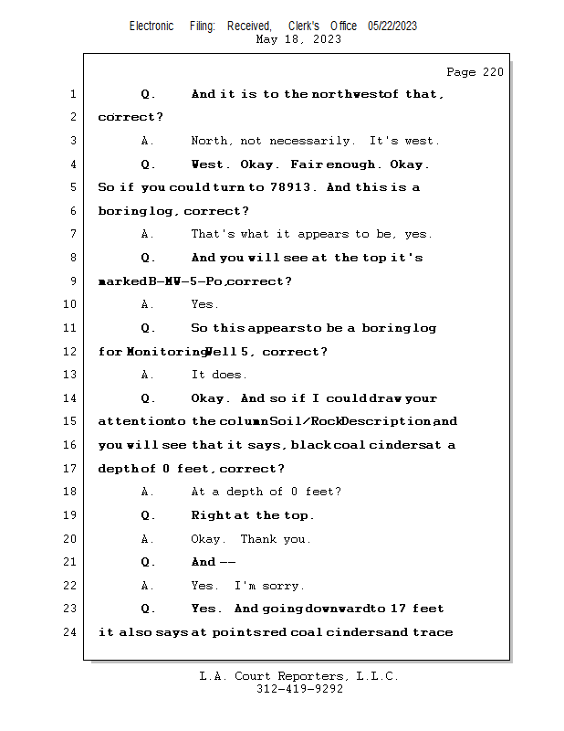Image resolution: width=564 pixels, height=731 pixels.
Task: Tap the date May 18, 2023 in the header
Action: click(x=298, y=39)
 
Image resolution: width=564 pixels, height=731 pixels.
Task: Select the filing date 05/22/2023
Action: click(x=392, y=26)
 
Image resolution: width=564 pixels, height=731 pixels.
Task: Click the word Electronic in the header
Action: click(x=151, y=26)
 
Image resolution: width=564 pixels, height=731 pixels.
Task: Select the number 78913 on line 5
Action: click(x=291, y=188)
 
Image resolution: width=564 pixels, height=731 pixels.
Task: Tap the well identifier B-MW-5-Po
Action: click(x=186, y=281)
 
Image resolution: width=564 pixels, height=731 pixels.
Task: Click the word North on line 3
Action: click(x=211, y=141)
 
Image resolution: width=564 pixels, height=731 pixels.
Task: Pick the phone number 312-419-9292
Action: click(x=299, y=689)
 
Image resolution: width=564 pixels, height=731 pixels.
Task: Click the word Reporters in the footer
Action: click(x=301, y=676)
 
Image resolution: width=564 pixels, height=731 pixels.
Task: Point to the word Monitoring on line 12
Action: click(x=165, y=352)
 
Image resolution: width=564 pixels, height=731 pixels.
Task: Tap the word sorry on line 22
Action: click(x=283, y=586)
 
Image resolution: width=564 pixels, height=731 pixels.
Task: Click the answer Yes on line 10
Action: click(x=204, y=304)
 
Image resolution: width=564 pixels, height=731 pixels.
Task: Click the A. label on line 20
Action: click(x=148, y=539)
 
